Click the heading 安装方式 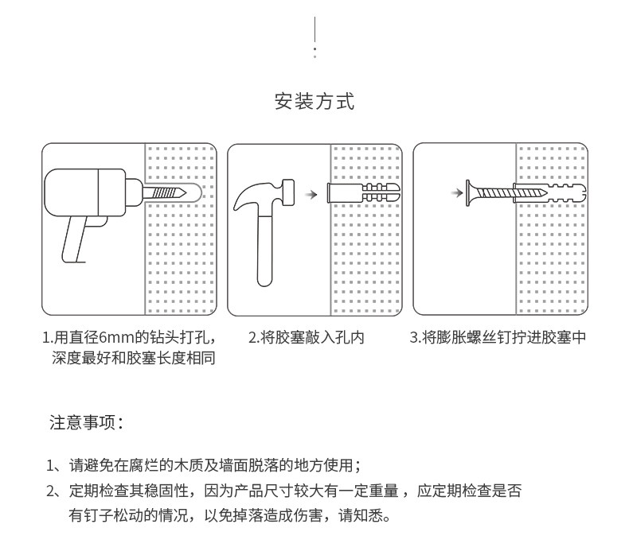[x=314, y=102]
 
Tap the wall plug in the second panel [x=362, y=193]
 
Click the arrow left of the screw [x=456, y=192]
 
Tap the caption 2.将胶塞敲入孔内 [x=307, y=338]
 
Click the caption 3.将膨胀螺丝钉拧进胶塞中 [x=498, y=338]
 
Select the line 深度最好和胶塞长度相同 [x=134, y=358]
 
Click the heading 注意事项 [x=86, y=422]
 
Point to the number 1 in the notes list [x=51, y=466]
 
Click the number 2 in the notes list [x=51, y=491]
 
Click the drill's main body [x=88, y=192]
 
